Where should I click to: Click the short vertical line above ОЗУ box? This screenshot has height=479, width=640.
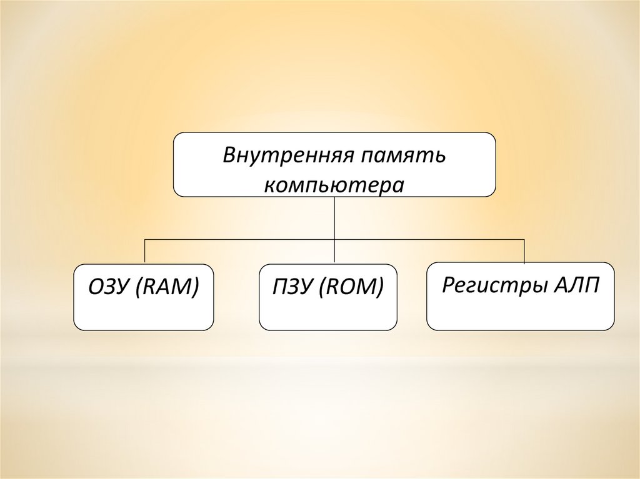(x=145, y=251)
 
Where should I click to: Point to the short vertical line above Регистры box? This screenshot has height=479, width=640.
(x=524, y=250)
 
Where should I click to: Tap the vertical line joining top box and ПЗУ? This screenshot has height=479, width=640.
(x=335, y=219)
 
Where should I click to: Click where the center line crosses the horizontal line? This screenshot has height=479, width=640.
(x=335, y=239)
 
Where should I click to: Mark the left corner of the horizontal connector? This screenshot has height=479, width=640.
(x=145, y=239)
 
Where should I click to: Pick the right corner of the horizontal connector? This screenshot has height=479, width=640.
(x=524, y=239)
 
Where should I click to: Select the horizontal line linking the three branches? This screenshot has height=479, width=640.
(x=431, y=239)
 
